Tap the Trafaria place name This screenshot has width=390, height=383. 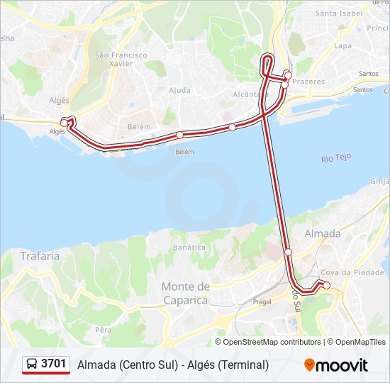[x=40, y=256]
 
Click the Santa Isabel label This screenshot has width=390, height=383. [x=339, y=13]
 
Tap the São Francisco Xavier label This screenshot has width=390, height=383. [x=121, y=59]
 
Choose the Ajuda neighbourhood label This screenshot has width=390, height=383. [x=179, y=90]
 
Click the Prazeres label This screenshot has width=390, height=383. [x=308, y=82]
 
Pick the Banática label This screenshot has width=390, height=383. [x=189, y=248]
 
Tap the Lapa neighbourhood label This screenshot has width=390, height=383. [x=342, y=45]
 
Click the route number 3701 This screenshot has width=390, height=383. [x=54, y=364]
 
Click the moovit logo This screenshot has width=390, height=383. [x=336, y=365]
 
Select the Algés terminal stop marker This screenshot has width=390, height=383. [x=65, y=123]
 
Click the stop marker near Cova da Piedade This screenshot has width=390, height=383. [x=326, y=285]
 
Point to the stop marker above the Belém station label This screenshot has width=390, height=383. [x=180, y=135]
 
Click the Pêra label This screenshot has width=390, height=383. [x=104, y=330]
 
